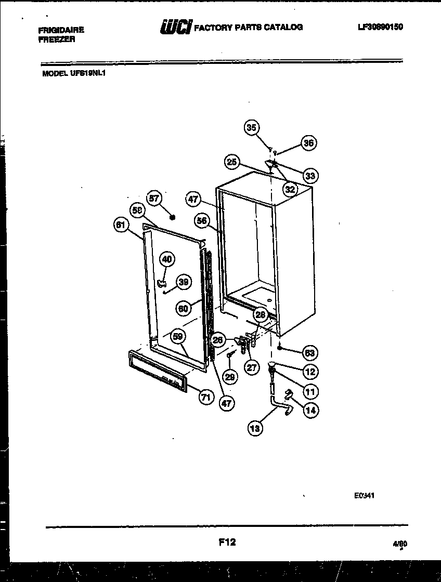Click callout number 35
[x=252, y=128]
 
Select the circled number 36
[x=309, y=143]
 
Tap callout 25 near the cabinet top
[x=232, y=162]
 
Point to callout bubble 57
[x=154, y=198]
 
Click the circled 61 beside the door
[x=121, y=225]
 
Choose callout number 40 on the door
[x=167, y=259]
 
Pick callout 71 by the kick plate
[x=206, y=398]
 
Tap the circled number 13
[x=255, y=428]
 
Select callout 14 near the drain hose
[x=310, y=410]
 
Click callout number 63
[x=309, y=353]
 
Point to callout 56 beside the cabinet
[x=202, y=221]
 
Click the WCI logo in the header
[x=172, y=27]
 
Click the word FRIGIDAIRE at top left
[x=61, y=30]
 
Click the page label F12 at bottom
[x=227, y=543]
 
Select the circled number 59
[x=178, y=337]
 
